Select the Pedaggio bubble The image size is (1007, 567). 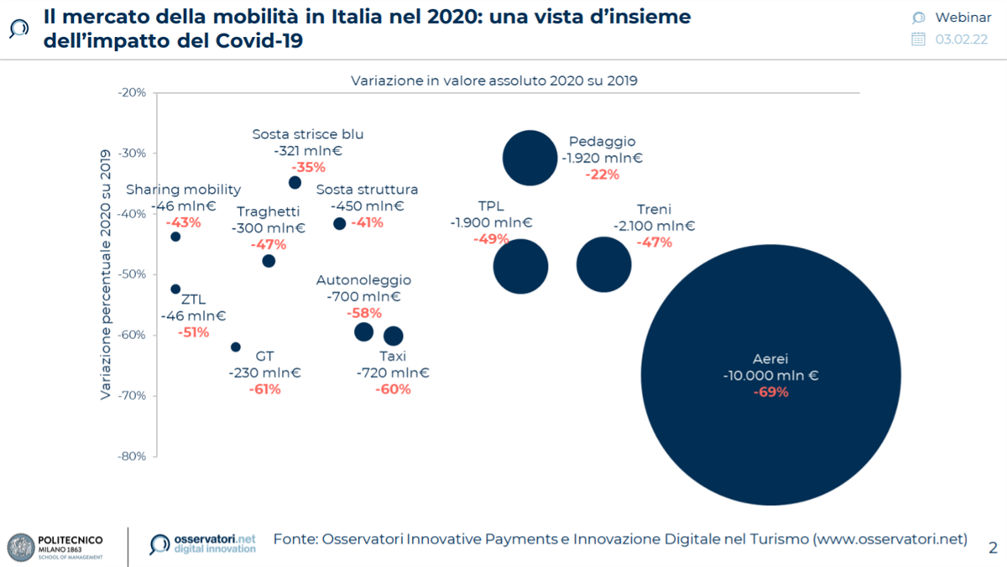coord(530,158)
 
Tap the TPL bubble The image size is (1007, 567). coord(520,267)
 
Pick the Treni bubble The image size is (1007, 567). coord(603,265)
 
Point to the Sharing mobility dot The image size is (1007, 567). coord(175,237)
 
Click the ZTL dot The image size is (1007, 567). coord(175,289)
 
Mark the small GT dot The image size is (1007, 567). coord(236,347)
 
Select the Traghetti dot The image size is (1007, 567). coord(269,261)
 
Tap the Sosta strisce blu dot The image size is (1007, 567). coord(295,183)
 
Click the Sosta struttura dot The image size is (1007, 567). coord(339,223)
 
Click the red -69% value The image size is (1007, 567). coord(770,392)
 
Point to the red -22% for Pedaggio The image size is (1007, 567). coord(603,174)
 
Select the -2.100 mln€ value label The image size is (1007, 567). coord(654,226)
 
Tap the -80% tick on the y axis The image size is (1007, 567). coord(131,456)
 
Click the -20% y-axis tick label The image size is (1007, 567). coord(131,92)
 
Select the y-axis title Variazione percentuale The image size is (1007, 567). coord(107,273)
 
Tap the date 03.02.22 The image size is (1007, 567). coord(963,39)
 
